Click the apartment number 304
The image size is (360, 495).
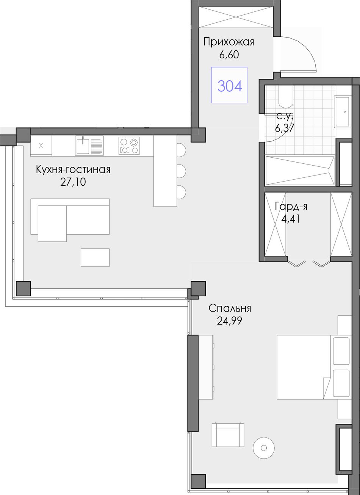click(x=230, y=86)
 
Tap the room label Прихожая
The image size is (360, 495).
click(x=229, y=42)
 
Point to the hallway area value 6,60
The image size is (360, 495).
click(x=229, y=55)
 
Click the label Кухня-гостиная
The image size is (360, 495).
click(x=73, y=170)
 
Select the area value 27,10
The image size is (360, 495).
click(x=73, y=182)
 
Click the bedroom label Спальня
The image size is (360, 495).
click(x=230, y=308)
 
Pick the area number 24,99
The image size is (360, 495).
click(x=230, y=321)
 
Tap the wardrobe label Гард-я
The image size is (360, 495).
click(x=291, y=207)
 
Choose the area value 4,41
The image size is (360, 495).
click(x=290, y=219)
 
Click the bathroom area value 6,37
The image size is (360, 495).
click(x=285, y=128)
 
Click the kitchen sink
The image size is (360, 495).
click(x=89, y=146)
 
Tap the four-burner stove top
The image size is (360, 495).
click(x=129, y=146)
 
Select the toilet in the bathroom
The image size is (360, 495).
click(x=286, y=96)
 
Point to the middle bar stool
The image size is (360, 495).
click(x=181, y=171)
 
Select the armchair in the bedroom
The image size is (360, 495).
click(x=228, y=435)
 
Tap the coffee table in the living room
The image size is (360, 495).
click(x=95, y=257)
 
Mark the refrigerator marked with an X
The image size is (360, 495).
click(x=41, y=146)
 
